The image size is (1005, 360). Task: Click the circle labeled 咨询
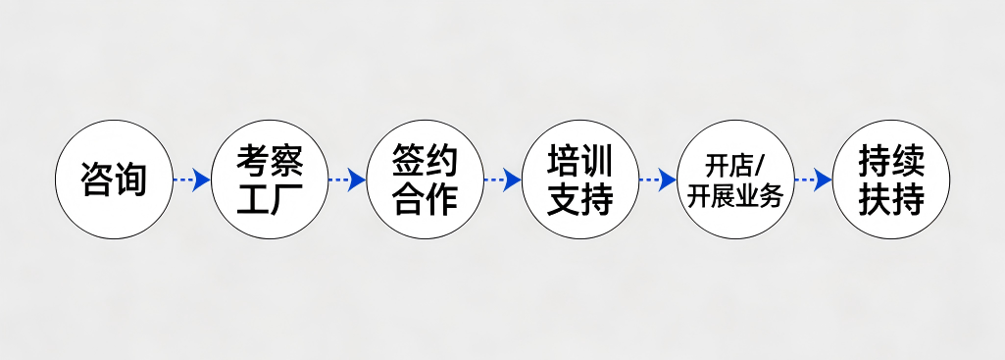[x=114, y=180]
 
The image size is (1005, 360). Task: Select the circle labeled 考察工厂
[x=269, y=180]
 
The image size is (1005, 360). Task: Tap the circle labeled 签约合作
[x=425, y=180]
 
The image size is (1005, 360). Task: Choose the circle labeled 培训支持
[x=579, y=180]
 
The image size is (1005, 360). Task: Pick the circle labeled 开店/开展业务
[x=734, y=180]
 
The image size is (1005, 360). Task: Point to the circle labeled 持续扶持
[x=890, y=180]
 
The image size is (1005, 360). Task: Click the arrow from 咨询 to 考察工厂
[x=191, y=180]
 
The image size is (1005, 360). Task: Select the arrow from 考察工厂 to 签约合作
[x=346, y=180]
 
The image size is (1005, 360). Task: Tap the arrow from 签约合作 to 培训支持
[x=502, y=180]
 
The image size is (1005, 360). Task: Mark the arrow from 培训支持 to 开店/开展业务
[x=657, y=180]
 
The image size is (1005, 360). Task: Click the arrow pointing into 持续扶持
[x=813, y=180]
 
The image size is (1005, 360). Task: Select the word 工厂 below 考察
[x=269, y=200]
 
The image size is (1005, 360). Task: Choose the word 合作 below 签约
[x=425, y=200]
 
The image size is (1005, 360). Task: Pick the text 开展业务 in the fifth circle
[x=734, y=196]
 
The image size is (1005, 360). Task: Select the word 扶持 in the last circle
[x=890, y=200]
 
